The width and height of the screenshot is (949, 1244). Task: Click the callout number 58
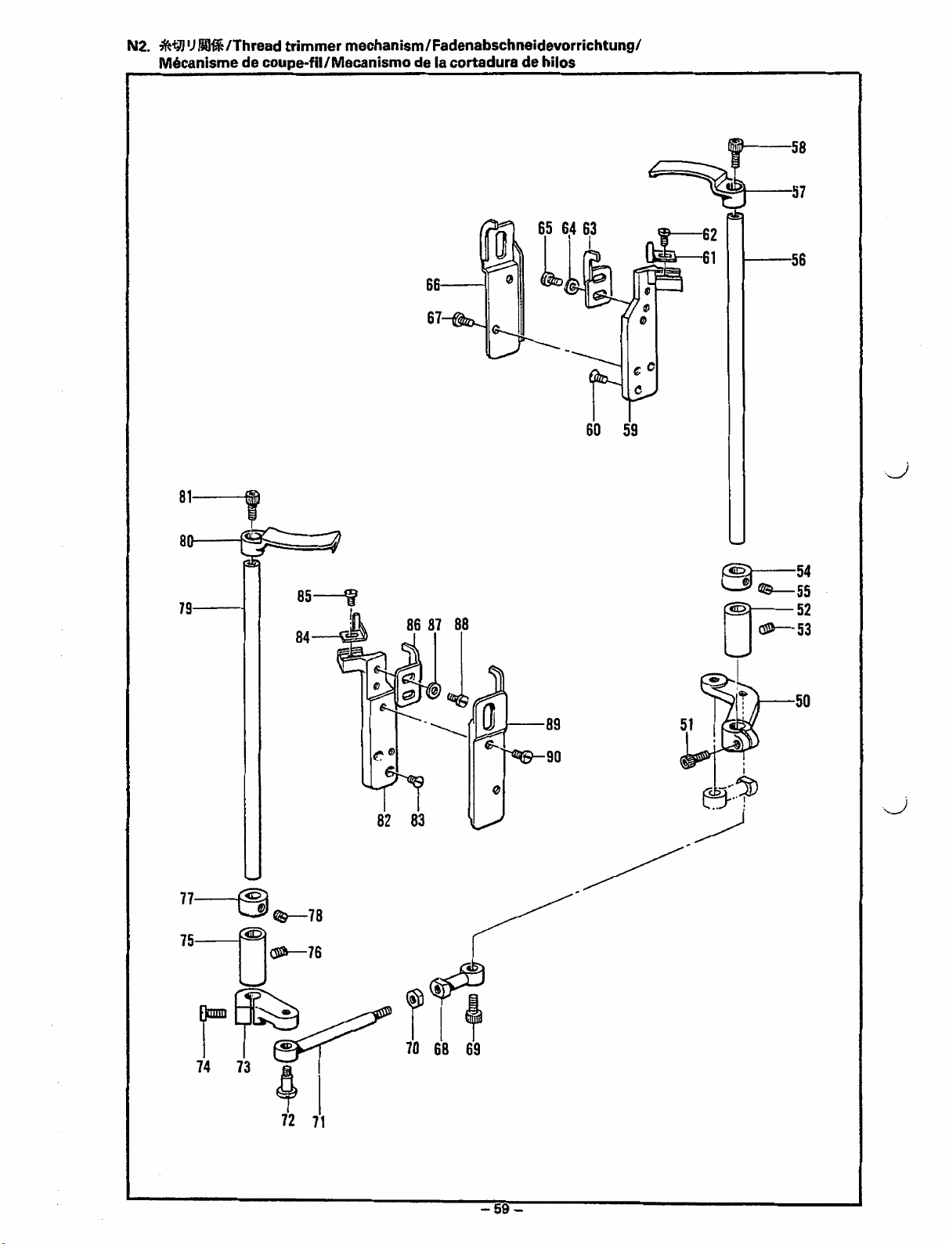point(798,148)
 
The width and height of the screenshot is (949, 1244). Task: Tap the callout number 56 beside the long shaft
point(798,260)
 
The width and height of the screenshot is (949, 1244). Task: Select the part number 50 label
point(803,701)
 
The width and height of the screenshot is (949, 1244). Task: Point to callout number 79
point(186,608)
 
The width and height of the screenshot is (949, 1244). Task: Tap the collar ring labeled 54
point(738,576)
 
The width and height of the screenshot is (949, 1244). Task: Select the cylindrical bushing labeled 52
point(737,629)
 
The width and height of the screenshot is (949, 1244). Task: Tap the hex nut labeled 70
point(414,999)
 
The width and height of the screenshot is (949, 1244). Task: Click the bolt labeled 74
point(213,1015)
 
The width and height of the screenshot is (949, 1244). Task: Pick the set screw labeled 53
point(769,629)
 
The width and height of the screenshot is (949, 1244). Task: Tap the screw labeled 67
point(463,320)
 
